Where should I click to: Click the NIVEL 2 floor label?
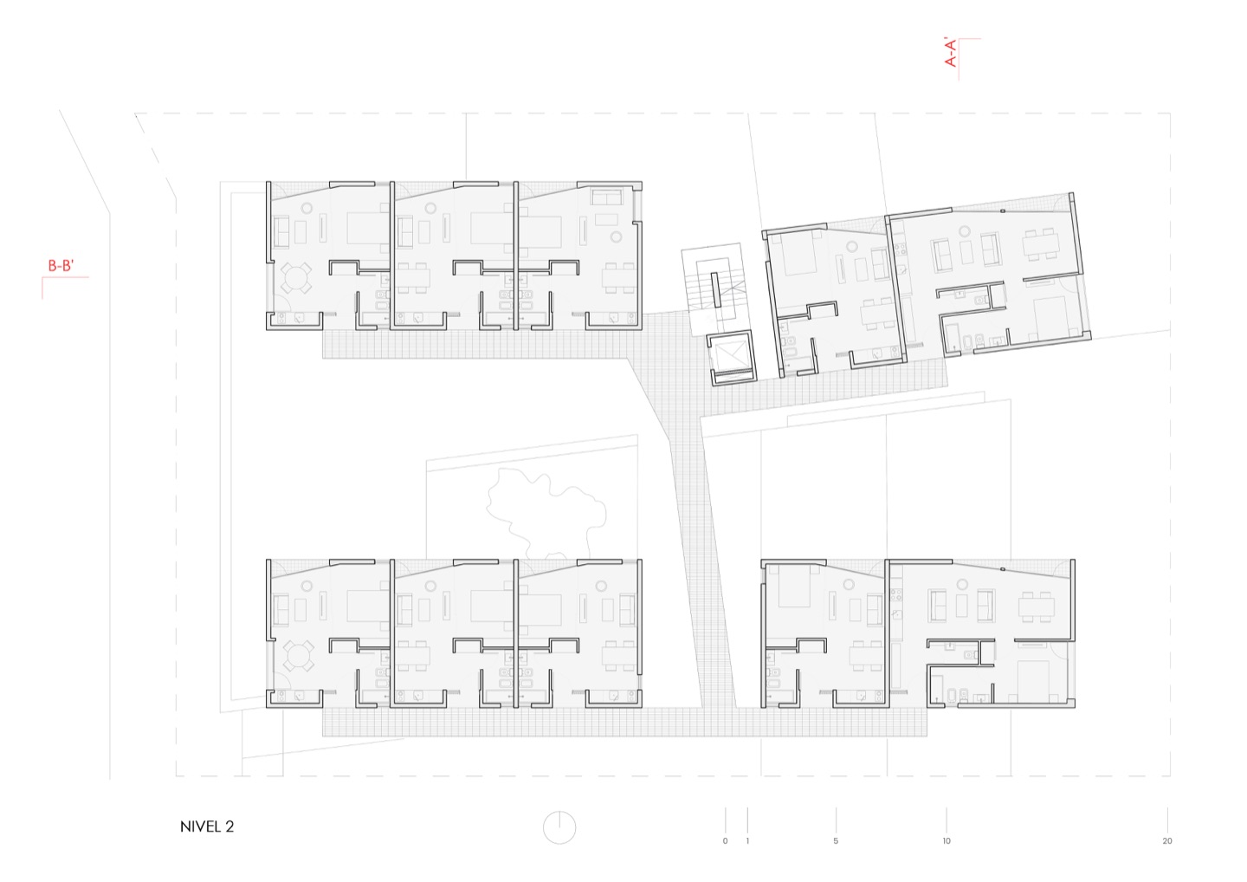click(x=207, y=827)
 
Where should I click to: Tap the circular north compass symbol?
click(x=559, y=827)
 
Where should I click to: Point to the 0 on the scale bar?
click(x=725, y=841)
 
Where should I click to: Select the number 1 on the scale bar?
click(x=747, y=841)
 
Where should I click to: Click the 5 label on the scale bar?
click(x=836, y=841)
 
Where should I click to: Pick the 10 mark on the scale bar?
click(x=947, y=841)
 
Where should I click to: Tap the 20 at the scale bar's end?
click(x=1167, y=841)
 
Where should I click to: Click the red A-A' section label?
click(x=951, y=52)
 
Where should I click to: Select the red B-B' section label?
click(x=61, y=266)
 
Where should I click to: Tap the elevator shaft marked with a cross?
click(x=732, y=358)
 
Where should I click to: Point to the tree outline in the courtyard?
click(x=546, y=513)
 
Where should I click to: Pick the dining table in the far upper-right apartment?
click(x=1040, y=243)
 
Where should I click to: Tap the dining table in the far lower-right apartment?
click(x=1037, y=606)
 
